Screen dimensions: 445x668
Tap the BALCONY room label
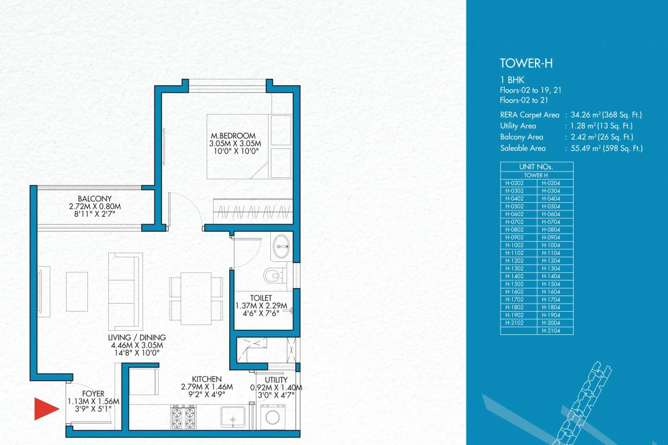94,198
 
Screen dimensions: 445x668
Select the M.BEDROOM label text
233,136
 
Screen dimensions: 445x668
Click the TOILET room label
261,297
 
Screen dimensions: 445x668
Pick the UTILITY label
276,380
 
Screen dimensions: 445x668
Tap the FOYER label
93,393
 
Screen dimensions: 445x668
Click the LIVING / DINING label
137,337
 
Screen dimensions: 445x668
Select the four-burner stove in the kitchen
183,417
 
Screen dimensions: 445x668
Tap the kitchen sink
233,416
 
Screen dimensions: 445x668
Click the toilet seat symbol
274,275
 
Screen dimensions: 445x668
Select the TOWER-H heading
522,64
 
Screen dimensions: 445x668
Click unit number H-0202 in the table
514,183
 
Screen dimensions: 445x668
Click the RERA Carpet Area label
529,115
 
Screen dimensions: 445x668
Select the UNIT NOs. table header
537,166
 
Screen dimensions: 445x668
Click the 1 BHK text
512,80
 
